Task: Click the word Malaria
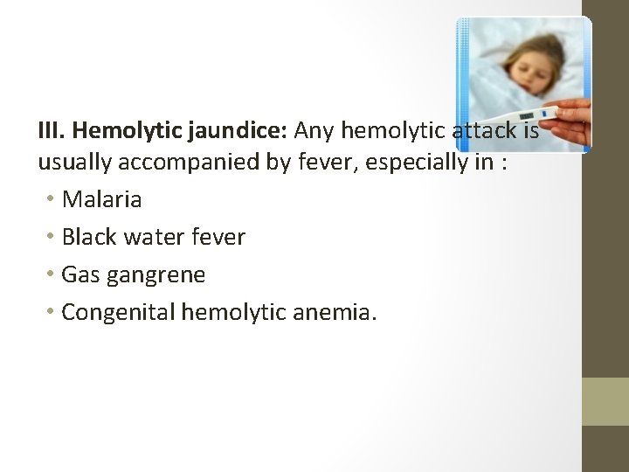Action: click(102, 199)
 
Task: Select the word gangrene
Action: click(156, 275)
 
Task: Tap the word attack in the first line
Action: click(487, 131)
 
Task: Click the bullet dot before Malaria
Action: click(52, 200)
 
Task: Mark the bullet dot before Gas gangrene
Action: click(52, 275)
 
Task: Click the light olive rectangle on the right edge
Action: click(605, 401)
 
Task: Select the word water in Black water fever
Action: click(155, 237)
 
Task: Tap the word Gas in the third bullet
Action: click(80, 275)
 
